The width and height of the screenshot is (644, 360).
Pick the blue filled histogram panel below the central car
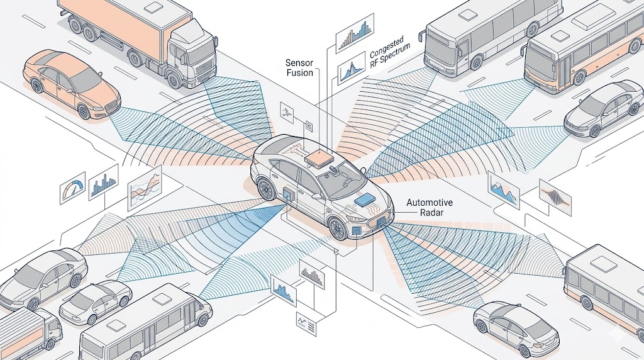pos(282,291)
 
